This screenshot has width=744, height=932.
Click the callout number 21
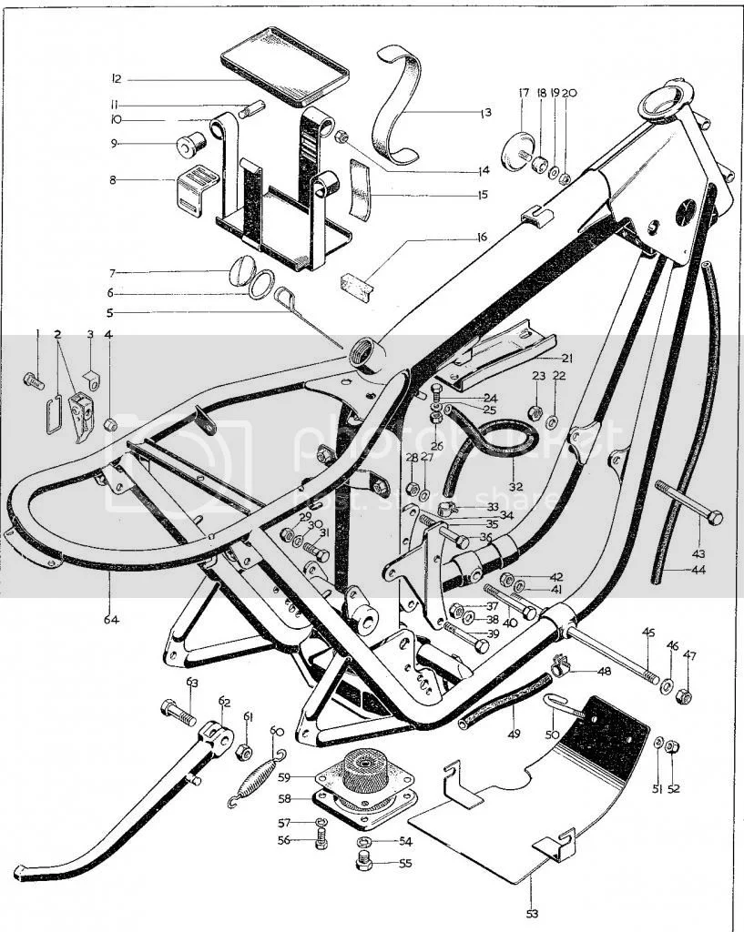566,358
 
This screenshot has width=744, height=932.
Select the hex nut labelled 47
687,696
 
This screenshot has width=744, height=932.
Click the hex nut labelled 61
244,752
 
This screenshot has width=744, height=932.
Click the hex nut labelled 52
673,747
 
